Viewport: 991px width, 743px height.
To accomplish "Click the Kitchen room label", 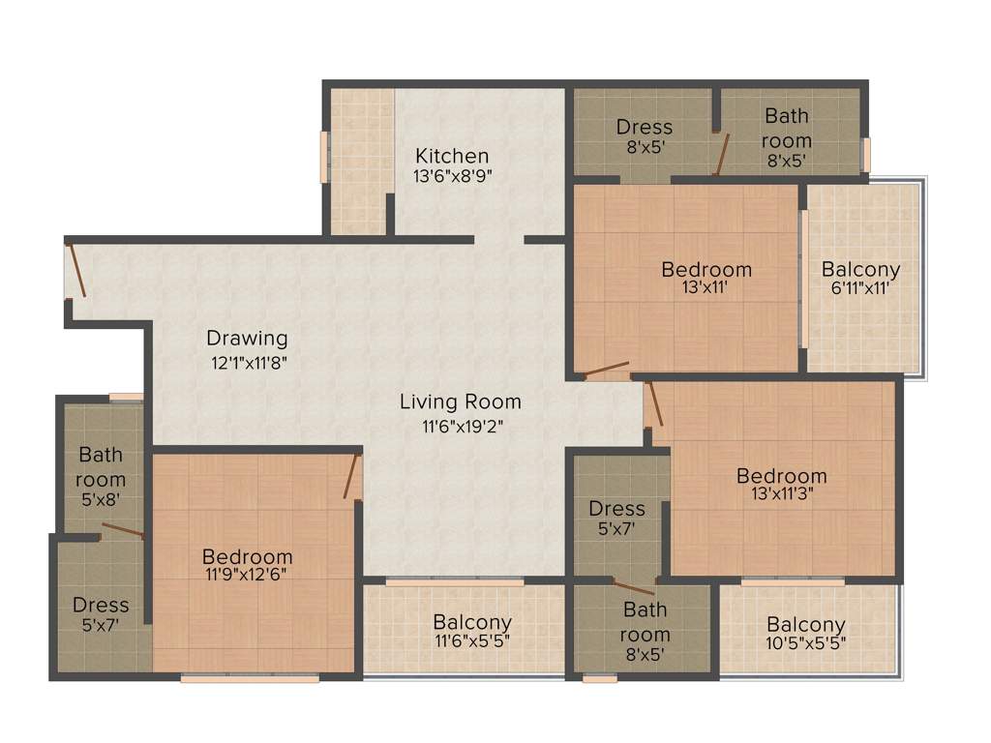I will pyautogui.click(x=452, y=156).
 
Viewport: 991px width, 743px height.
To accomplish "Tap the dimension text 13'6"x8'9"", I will pyautogui.click(x=452, y=176).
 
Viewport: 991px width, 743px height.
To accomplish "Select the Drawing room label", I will pyautogui.click(x=247, y=339).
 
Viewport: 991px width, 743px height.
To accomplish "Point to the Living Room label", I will pyautogui.click(x=461, y=401).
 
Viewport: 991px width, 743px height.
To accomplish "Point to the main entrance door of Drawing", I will pyautogui.click(x=75, y=270).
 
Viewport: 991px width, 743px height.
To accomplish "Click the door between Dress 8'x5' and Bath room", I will pyautogui.click(x=721, y=155).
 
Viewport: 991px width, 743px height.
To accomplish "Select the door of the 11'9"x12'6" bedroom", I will pyautogui.click(x=352, y=476).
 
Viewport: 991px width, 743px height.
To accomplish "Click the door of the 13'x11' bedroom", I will pyautogui.click(x=606, y=370).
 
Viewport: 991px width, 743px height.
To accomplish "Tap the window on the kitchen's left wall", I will pyautogui.click(x=325, y=156).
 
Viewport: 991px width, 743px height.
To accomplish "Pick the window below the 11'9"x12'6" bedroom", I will pyautogui.click(x=250, y=679).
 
